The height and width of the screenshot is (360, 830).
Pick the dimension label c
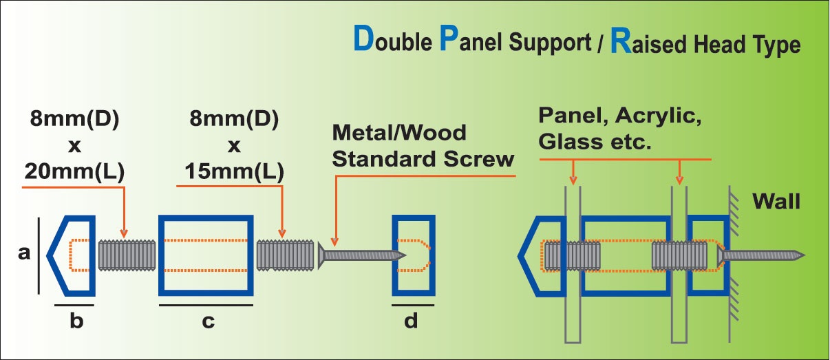[207, 320]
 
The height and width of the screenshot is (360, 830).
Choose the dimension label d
[412, 320]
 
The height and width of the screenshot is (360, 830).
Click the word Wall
[776, 202]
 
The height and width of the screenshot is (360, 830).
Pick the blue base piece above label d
[413, 254]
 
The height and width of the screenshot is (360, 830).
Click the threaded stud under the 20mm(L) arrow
[128, 254]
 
